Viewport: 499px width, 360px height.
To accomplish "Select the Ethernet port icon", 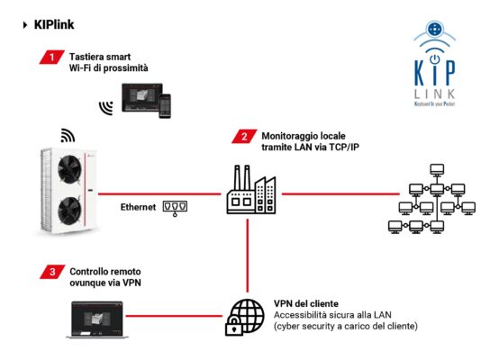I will [177, 208].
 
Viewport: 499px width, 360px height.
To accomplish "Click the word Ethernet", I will [138, 208].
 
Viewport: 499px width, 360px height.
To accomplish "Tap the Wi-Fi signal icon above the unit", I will [68, 136].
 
